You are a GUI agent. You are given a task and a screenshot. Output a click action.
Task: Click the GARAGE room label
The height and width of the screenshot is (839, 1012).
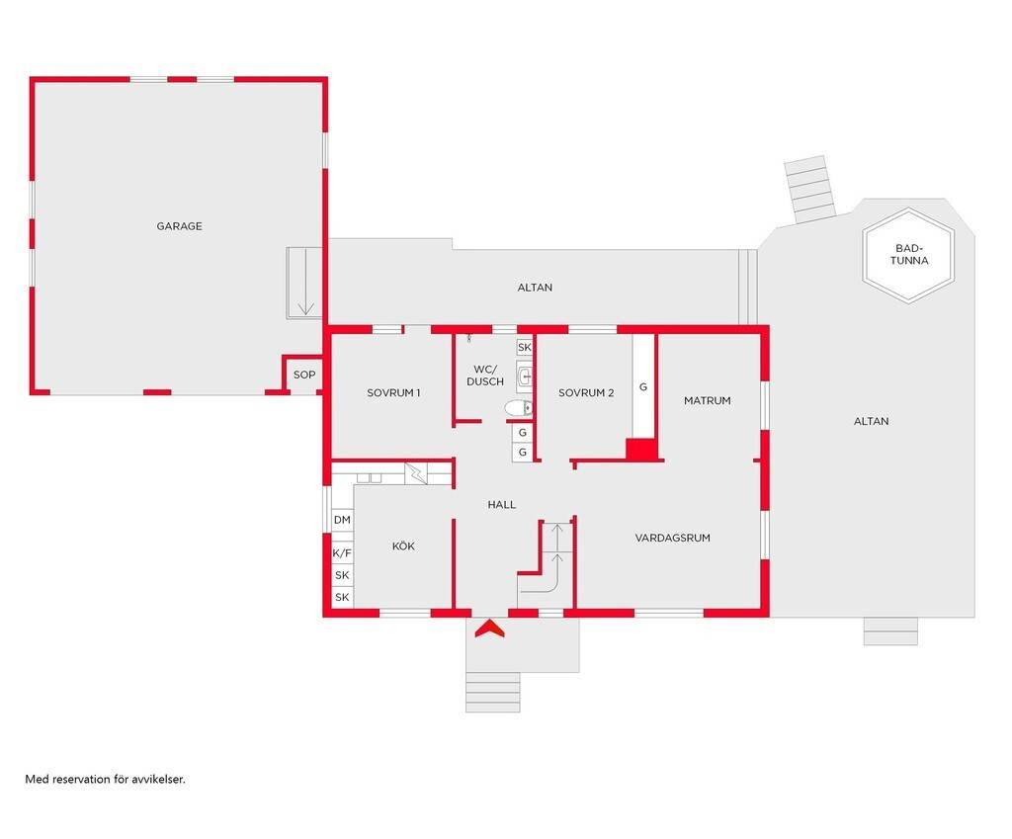[x=180, y=226]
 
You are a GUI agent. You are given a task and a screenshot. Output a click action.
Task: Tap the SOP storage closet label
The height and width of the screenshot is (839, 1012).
[x=304, y=375]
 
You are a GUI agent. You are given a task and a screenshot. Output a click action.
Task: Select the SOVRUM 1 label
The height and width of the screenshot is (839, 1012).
[x=393, y=392]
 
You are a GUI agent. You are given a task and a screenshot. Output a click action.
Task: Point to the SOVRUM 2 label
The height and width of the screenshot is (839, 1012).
[x=586, y=392]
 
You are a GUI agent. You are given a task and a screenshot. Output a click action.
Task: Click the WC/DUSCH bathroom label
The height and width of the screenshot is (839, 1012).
[x=485, y=375]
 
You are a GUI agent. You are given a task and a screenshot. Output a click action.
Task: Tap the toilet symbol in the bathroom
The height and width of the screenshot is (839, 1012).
[x=518, y=408]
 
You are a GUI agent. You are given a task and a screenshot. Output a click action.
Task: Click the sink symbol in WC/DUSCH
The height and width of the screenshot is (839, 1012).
[x=525, y=375]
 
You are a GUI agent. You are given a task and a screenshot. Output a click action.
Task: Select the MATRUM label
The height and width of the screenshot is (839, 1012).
[x=708, y=400]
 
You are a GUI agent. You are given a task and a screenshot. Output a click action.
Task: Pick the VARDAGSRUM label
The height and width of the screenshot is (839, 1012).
[x=672, y=538]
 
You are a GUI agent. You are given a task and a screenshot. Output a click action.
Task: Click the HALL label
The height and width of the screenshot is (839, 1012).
[x=501, y=505]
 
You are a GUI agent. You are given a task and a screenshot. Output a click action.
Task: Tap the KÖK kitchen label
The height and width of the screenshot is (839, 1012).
[x=403, y=546]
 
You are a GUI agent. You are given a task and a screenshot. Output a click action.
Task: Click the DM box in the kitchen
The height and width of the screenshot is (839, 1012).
[x=342, y=520]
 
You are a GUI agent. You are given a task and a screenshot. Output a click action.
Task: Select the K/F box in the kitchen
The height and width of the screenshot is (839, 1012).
[x=342, y=553]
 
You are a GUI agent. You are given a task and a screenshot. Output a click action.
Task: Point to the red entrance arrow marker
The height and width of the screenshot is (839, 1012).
[x=490, y=629]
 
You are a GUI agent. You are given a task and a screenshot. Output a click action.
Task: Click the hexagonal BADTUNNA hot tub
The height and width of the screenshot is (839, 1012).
[x=909, y=255]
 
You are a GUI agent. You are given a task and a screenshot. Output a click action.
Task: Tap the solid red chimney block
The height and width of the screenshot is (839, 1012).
[x=640, y=450]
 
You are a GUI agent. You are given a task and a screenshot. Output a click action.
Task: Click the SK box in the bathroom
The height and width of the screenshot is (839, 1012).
[x=525, y=347]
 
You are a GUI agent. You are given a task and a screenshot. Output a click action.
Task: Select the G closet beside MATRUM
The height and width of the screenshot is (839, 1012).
[x=642, y=387]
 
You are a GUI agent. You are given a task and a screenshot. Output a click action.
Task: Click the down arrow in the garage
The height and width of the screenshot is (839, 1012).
[x=305, y=283]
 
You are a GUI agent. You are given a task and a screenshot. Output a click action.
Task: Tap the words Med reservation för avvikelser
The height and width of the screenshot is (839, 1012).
[x=105, y=779]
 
